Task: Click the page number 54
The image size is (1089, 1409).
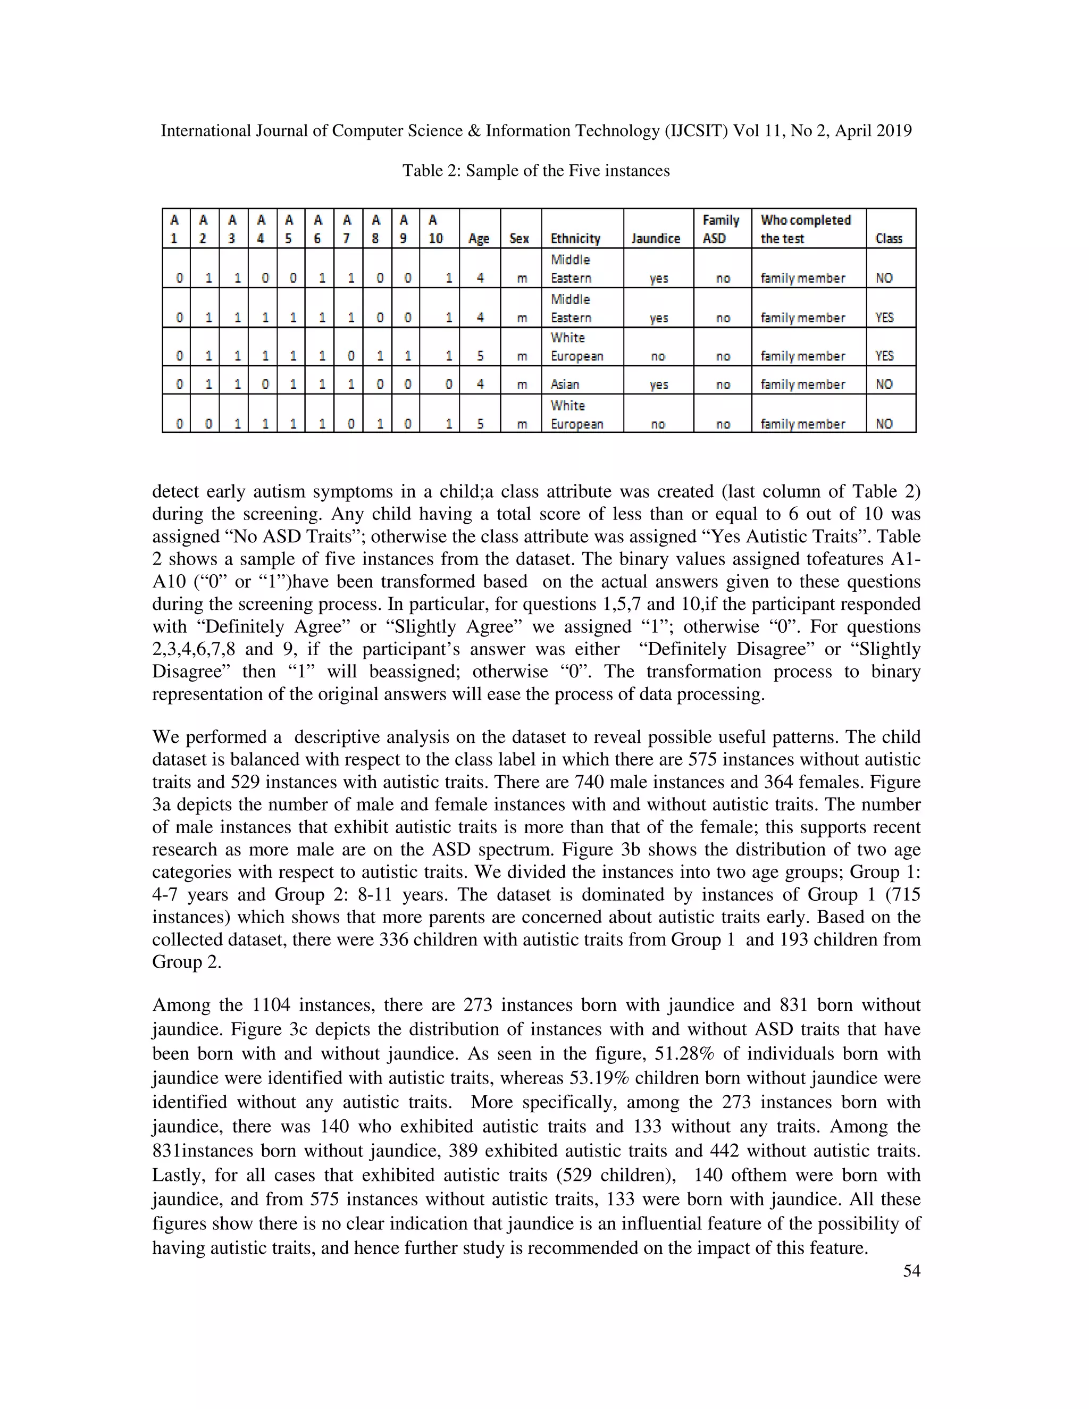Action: coord(911,1271)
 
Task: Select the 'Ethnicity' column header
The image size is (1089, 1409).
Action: coord(575,238)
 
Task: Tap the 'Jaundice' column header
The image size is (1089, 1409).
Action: coord(656,238)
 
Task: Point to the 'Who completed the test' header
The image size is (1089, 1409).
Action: coord(805,229)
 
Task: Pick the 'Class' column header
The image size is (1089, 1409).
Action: coord(889,238)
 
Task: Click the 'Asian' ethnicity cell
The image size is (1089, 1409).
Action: coord(565,384)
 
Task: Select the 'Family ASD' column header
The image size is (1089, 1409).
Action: coord(721,229)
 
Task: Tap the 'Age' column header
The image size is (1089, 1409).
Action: coord(479,238)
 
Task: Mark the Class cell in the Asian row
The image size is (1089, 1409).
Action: coord(884,384)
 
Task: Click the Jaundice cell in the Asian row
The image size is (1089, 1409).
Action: coord(658,384)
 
